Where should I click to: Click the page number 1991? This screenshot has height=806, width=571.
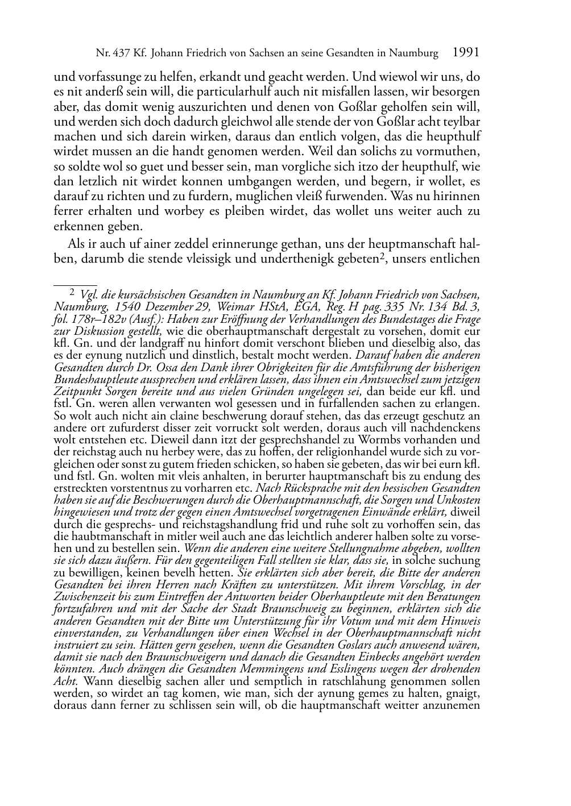tap(465, 53)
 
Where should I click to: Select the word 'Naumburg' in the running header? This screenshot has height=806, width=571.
tap(414, 53)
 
